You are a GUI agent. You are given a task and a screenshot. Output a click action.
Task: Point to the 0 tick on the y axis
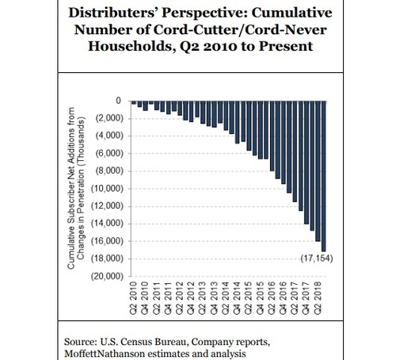118,101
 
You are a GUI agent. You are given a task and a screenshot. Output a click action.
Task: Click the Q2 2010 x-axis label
134,298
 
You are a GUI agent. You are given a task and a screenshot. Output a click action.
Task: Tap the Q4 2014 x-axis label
238,298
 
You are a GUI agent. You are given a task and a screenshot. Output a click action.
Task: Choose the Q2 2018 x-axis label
318,298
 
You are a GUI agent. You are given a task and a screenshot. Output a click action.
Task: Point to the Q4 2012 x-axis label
191,298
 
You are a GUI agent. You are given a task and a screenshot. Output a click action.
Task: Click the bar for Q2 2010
134,102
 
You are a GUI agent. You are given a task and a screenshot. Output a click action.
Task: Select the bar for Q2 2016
272,136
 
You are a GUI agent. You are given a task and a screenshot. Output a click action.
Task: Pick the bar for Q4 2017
307,163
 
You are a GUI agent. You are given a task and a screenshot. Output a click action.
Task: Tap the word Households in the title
131,46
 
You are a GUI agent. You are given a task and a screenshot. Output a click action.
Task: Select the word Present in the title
286,46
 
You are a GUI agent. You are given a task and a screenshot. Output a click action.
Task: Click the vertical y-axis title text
76,188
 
